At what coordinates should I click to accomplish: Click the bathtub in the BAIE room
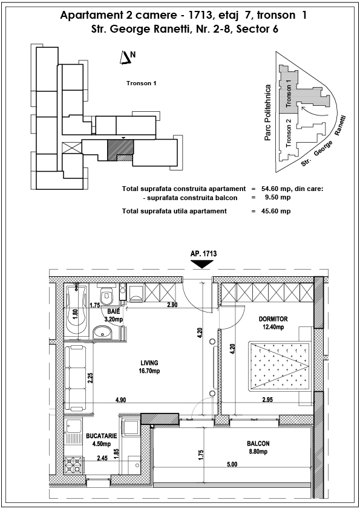coord(76,311)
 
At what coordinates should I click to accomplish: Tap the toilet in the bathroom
coord(106,295)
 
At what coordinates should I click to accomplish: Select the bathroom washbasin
coord(102,332)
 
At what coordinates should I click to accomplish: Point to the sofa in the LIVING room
coord(76,378)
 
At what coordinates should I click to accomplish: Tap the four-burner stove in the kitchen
coord(73,466)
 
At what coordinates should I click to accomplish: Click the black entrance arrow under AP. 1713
coord(202,265)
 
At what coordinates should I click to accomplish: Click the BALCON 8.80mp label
coord(258,447)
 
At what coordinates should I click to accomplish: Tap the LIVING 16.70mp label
coord(149,367)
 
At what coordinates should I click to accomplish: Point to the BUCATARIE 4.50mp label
coord(102,440)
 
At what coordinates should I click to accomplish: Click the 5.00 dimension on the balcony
coord(232,464)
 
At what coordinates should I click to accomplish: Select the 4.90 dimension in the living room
coord(120,400)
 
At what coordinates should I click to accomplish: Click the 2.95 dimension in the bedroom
coord(267,400)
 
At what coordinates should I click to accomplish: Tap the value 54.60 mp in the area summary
coord(272,189)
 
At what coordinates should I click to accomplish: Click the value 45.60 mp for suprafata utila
coord(276,211)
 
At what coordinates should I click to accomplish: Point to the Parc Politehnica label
coord(267,112)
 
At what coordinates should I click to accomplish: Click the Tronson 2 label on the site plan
coord(289,133)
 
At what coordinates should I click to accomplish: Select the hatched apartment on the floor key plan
coord(120,150)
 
